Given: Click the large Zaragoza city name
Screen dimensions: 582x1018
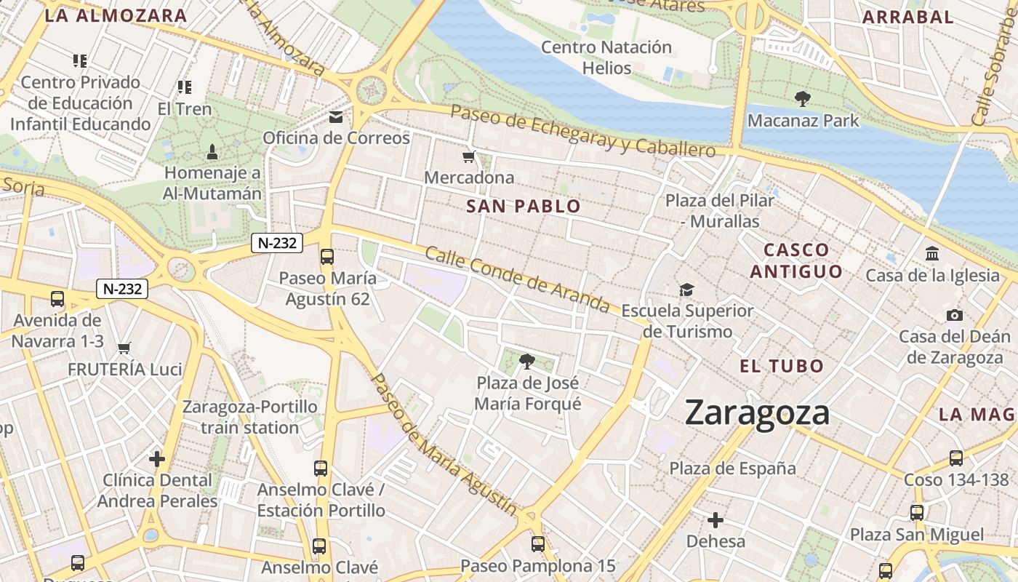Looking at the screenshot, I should click(757, 412).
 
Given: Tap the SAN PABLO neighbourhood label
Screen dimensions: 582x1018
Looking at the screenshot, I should click(524, 207).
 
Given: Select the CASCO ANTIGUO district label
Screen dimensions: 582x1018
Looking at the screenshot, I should click(796, 260).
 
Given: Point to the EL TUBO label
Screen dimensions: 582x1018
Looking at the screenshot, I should click(782, 366).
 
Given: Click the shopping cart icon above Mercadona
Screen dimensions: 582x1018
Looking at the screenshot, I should click(469, 156).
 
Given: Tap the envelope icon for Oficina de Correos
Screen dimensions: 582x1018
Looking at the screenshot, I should click(336, 117).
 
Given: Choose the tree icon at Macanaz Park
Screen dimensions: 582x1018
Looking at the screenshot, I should click(803, 99).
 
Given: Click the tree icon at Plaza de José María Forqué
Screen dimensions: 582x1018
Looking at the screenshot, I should click(528, 361).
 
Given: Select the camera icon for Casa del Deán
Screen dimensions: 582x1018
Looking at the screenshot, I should click(955, 315).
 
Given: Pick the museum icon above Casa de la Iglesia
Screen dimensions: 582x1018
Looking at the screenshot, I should click(932, 254).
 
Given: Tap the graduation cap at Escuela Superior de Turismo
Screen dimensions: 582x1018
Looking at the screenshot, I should click(687, 290).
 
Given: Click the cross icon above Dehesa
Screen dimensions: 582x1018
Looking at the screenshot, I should click(716, 520).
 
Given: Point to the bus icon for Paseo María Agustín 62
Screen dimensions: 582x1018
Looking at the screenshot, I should click(327, 256).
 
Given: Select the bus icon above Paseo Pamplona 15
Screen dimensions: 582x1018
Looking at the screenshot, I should click(538, 543).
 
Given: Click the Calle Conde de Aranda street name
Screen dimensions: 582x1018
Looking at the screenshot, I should click(517, 279).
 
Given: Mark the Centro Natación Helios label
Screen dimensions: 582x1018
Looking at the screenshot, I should click(606, 57).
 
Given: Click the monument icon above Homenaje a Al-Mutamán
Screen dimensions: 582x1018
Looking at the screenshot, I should click(212, 151).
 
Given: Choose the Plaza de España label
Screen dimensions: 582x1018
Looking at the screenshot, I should click(733, 468).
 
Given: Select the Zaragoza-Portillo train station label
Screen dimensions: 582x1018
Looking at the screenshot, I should click(250, 417).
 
